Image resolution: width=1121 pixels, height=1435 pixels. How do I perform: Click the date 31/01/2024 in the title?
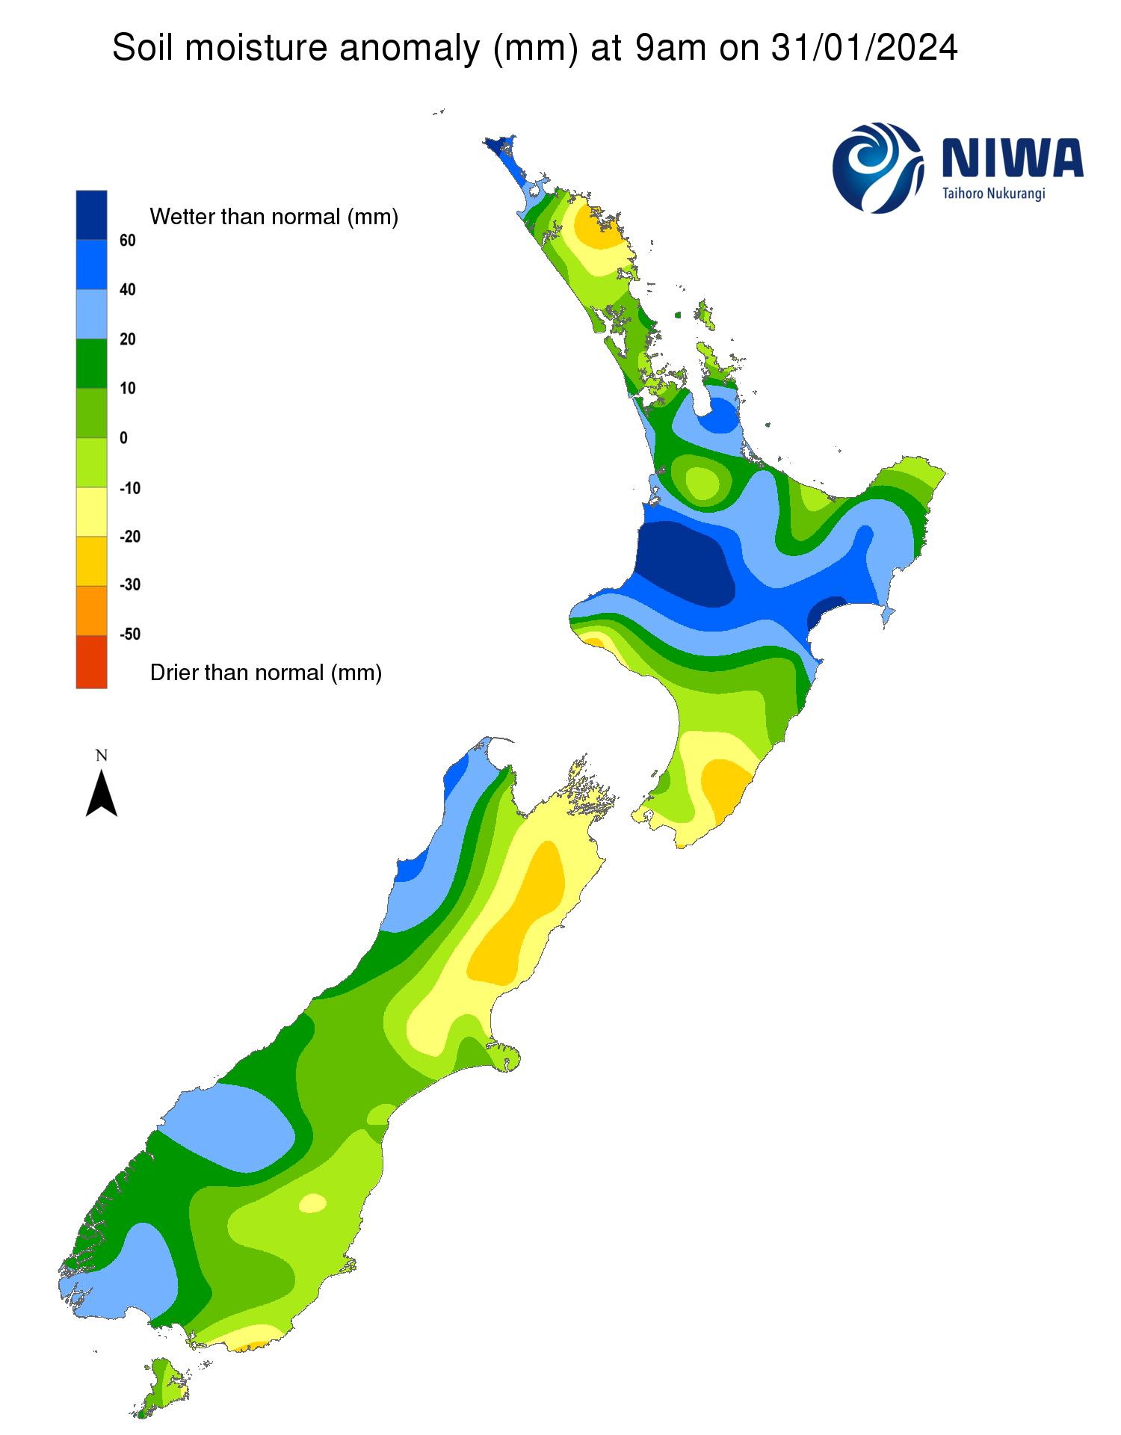864,49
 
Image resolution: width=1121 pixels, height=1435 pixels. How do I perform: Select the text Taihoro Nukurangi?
993,194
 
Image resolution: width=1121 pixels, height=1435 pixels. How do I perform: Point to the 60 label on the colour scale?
128,240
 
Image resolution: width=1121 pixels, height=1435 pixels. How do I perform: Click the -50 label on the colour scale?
130,634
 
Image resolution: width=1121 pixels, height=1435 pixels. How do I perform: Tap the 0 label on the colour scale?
124,438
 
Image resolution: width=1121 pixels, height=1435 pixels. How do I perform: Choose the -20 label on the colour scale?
130,537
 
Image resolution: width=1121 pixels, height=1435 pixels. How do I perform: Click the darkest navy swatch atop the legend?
91,215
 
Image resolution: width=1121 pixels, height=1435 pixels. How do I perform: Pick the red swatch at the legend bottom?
91,661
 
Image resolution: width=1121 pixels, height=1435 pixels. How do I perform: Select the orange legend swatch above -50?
91,610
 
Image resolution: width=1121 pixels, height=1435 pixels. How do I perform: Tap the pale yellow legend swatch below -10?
91,512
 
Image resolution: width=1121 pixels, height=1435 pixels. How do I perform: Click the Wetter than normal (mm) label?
274,217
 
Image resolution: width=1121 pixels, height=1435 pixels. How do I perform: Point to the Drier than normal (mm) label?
266,673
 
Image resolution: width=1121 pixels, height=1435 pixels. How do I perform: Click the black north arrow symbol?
102,794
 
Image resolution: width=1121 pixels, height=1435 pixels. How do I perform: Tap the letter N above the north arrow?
102,756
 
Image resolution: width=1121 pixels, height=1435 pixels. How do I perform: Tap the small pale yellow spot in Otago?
312,1203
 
